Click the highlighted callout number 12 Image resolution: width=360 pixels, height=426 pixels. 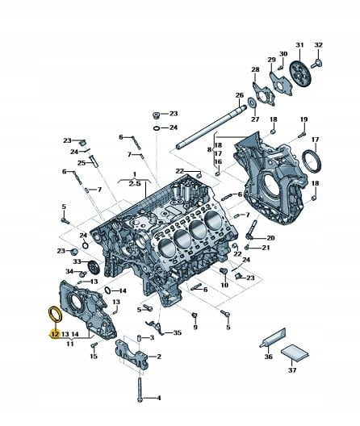click(55, 334)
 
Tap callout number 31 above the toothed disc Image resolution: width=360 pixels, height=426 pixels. click(299, 45)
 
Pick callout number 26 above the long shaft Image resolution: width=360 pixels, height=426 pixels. click(239, 95)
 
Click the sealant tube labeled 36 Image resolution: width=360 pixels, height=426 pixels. click(273, 337)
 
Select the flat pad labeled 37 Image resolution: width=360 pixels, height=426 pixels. click(295, 353)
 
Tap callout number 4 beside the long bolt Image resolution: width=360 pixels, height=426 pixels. click(159, 398)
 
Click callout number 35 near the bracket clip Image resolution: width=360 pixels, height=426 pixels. click(177, 332)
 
